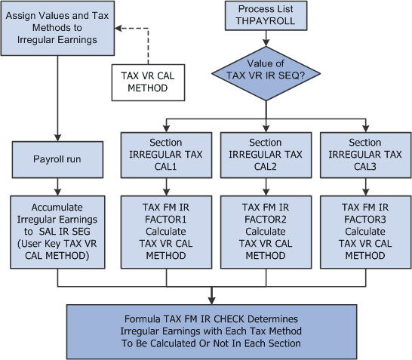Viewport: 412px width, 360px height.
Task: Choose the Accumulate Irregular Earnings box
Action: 57,232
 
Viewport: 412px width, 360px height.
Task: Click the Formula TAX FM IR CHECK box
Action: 212,327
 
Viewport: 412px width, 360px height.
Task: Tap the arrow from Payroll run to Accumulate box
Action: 57,186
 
